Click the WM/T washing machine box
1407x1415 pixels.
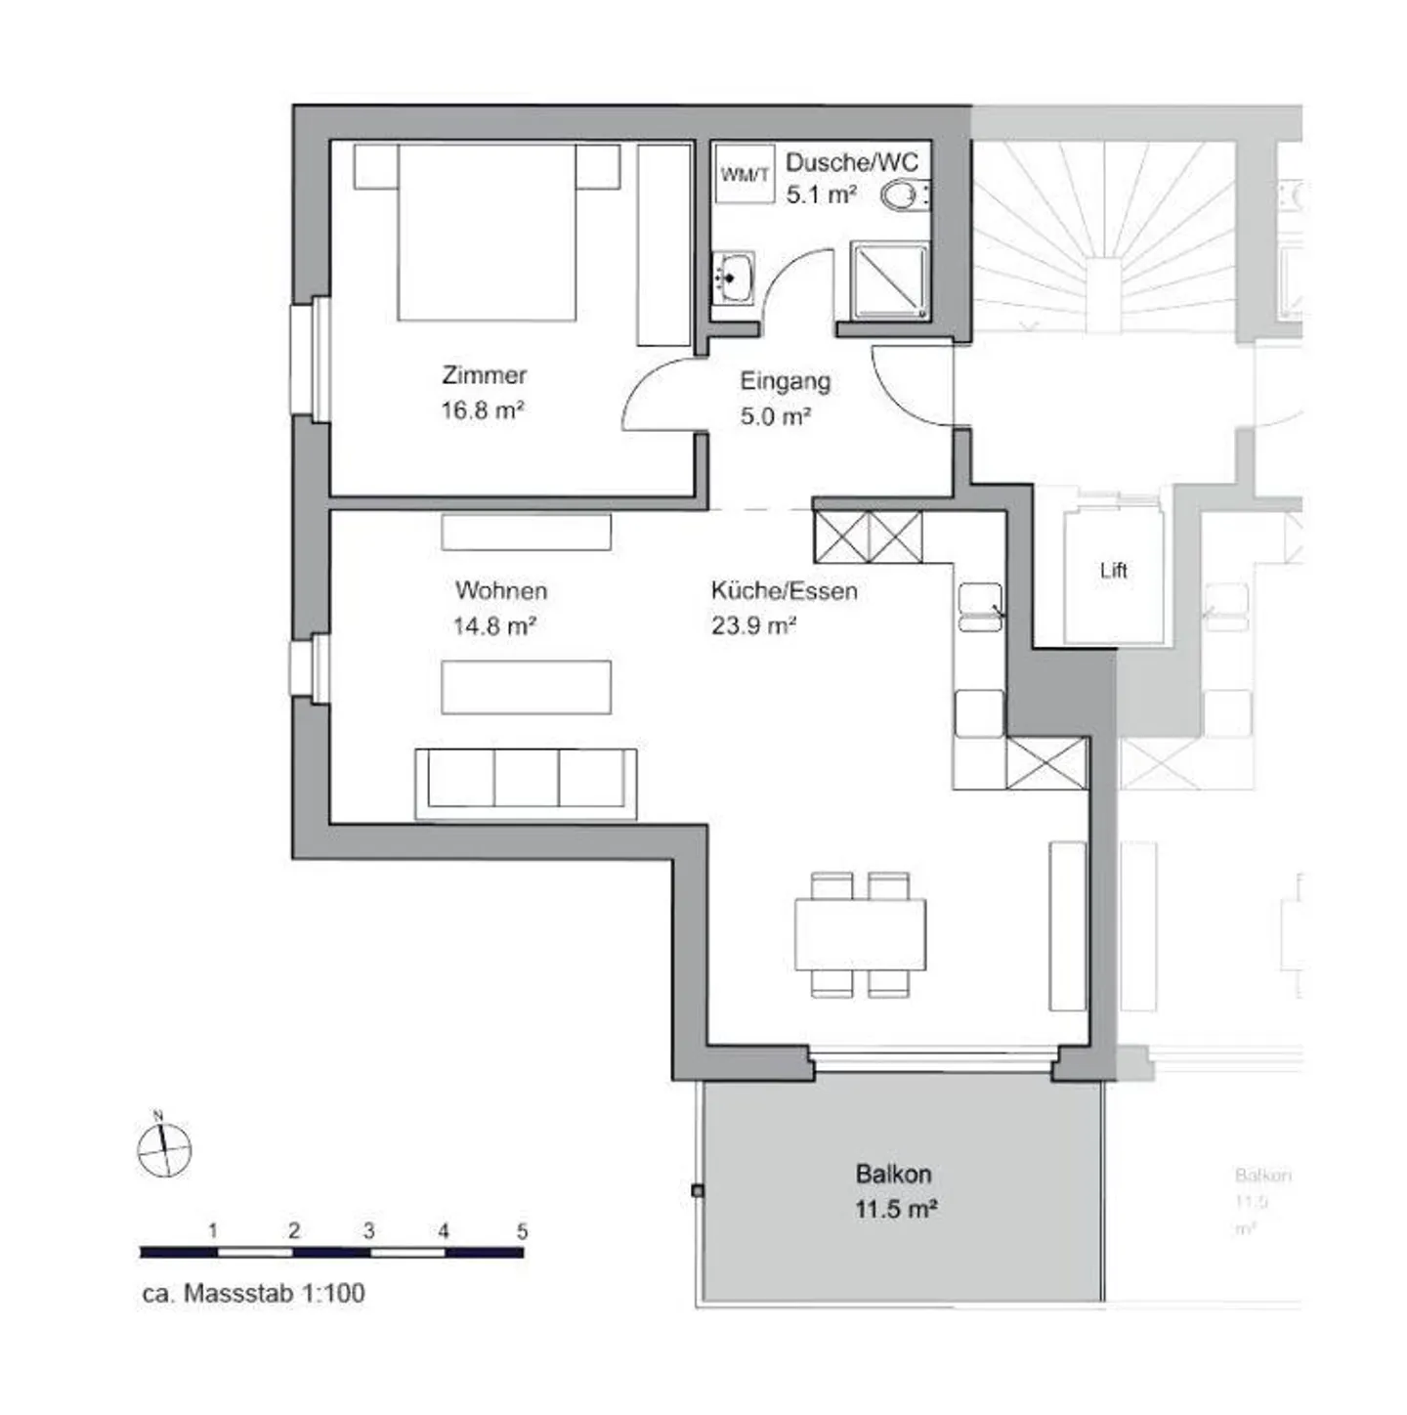point(745,174)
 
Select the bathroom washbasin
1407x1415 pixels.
point(732,278)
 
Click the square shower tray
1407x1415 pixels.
point(889,281)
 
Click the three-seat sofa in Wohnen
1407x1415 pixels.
point(526,782)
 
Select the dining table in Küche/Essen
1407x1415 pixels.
point(860,934)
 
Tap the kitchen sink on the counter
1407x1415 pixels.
point(980,607)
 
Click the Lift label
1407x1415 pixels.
point(1113,571)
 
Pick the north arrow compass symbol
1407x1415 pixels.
point(163,1148)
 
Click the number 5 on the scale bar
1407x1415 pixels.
point(522,1231)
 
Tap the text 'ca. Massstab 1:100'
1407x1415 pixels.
point(254,1293)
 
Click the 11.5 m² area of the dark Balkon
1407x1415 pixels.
point(896,1209)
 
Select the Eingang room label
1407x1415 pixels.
point(785,381)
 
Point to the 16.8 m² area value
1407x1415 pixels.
point(483,410)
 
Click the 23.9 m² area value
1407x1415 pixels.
point(753,625)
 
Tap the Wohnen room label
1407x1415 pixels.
point(500,590)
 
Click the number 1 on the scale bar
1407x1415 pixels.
point(213,1231)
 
